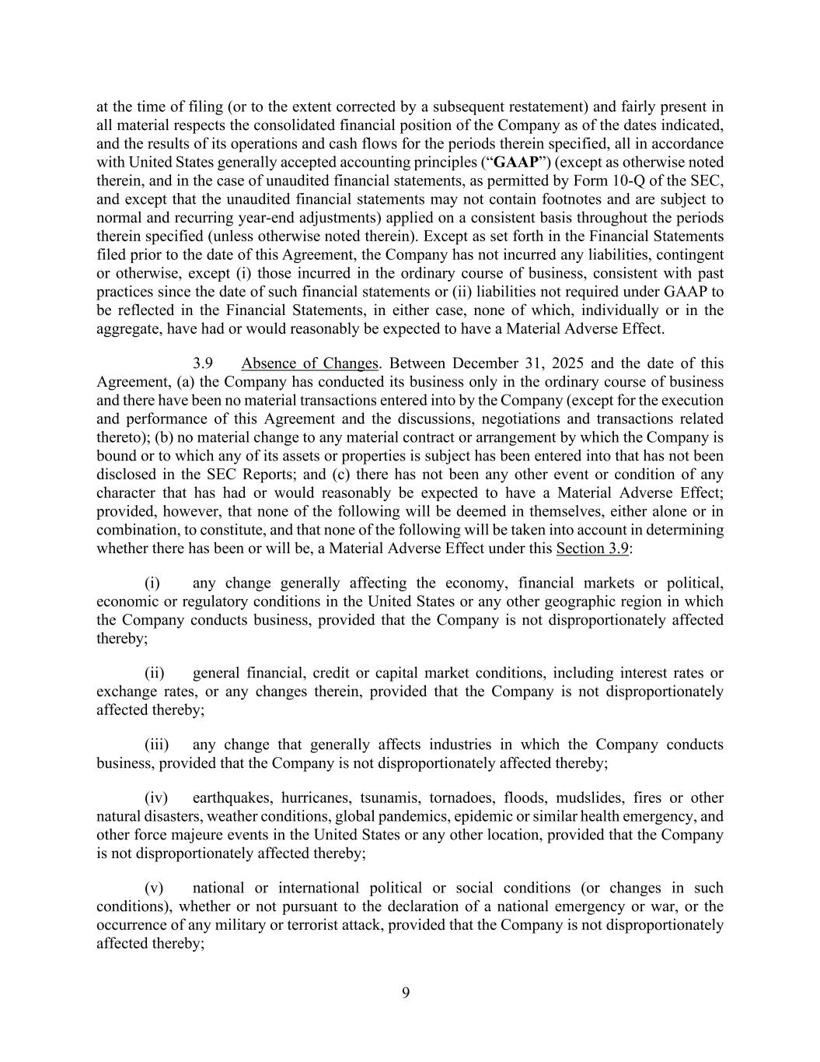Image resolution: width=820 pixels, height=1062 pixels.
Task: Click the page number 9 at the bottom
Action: pos(406,992)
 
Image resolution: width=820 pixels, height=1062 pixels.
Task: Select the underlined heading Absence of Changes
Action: pos(309,363)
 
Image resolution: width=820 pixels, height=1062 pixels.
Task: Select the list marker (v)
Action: pos(154,888)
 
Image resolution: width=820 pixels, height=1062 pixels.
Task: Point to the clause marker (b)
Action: pos(164,437)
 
